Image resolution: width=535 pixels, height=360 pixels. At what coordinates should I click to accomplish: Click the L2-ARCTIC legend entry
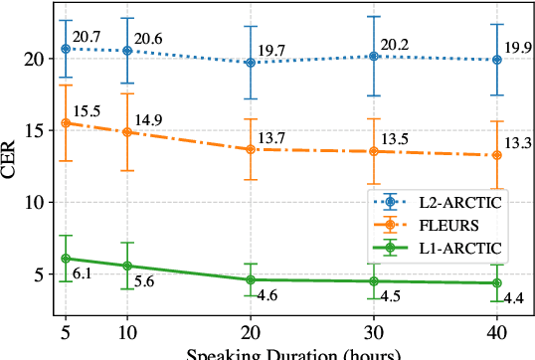coord(447,202)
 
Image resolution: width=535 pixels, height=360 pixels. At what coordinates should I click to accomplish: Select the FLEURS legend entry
coord(438,224)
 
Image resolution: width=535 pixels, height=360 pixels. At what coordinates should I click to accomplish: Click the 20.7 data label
coord(88,37)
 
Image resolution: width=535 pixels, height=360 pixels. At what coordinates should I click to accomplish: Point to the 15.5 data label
coord(88,111)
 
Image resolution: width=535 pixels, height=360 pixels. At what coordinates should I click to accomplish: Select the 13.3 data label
coord(519,144)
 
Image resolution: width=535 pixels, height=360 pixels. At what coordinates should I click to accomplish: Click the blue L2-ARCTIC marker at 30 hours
coord(374,57)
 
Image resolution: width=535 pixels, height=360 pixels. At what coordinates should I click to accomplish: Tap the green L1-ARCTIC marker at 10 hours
coord(127,266)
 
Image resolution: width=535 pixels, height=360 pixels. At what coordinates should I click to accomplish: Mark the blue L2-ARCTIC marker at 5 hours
coord(66,49)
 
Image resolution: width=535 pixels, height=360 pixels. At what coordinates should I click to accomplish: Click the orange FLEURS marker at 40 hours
coord(497,155)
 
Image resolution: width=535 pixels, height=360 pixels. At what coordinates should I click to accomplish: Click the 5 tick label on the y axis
coord(40,273)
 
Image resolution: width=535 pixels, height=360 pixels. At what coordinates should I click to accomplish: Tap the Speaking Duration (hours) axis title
coord(281,353)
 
